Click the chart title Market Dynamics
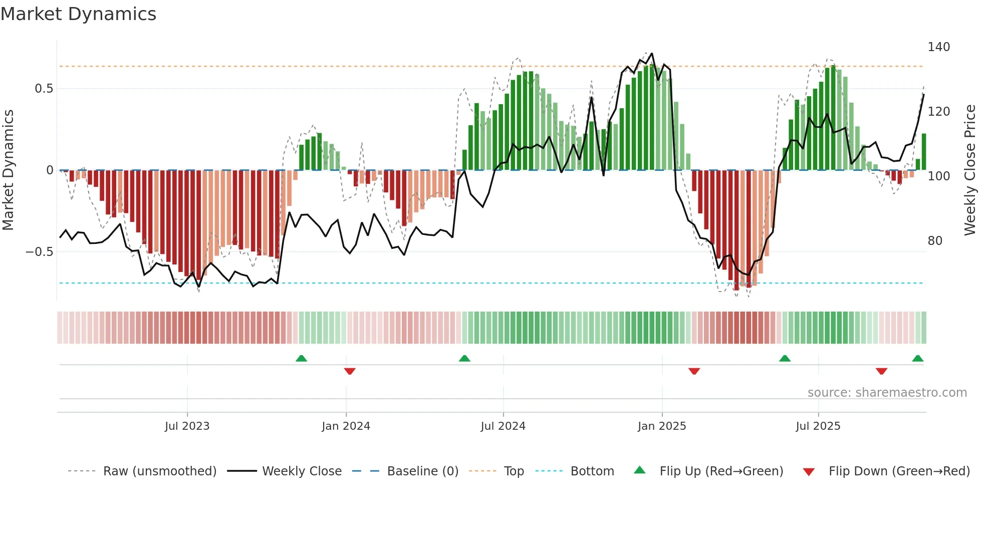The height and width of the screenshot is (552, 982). [x=79, y=14]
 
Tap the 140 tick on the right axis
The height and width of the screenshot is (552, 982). [x=938, y=47]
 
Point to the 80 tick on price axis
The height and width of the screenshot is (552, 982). [x=934, y=241]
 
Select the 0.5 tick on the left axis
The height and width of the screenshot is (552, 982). [x=44, y=89]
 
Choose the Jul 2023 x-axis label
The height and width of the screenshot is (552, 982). [x=187, y=426]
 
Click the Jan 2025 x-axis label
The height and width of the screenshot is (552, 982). [x=661, y=426]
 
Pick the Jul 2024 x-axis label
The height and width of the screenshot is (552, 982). [x=503, y=426]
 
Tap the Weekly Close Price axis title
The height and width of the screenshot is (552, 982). [x=970, y=170]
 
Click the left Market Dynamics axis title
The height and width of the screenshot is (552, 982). [x=8, y=170]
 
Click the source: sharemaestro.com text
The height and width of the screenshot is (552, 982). [x=887, y=393]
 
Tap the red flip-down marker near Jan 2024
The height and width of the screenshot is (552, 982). [x=350, y=371]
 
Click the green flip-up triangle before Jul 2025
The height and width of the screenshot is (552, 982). [x=785, y=358]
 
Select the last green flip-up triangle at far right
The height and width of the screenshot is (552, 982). [x=917, y=358]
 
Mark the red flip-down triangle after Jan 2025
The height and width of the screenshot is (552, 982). [x=694, y=371]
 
